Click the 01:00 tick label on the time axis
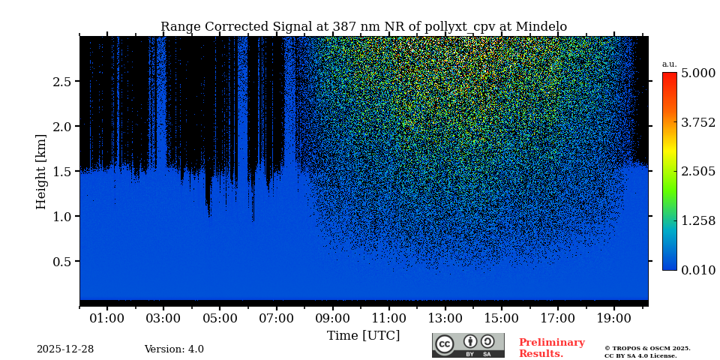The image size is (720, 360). [106, 318]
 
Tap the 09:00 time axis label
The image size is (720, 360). [332, 318]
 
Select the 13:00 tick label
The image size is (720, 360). [445, 318]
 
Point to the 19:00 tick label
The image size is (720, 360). [614, 318]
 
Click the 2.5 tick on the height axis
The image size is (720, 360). [61, 81]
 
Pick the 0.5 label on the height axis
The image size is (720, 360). [61, 261]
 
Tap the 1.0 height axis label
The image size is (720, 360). [61, 216]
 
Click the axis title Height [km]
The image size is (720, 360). [41, 171]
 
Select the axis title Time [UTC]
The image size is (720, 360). [363, 335]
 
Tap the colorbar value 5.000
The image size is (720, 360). [697, 73]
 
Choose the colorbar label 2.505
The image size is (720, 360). [697, 171]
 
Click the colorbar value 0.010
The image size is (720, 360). [697, 270]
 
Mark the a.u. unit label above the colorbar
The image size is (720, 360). [669, 64]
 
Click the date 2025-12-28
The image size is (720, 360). [65, 349]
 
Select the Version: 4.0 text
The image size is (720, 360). [174, 349]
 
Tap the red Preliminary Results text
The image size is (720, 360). [551, 348]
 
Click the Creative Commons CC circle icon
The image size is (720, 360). [445, 344]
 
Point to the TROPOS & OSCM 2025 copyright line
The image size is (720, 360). [647, 348]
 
